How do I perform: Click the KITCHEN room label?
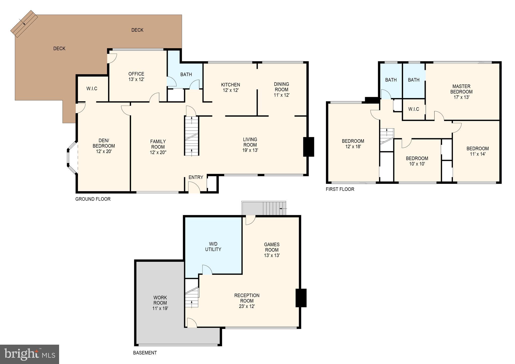[x=231, y=85]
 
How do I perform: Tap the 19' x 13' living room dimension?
[x=250, y=150]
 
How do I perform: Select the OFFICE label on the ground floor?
[x=136, y=74]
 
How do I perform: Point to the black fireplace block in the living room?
[x=309, y=147]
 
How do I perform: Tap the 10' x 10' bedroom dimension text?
[x=417, y=164]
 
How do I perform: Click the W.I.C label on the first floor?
[x=414, y=109]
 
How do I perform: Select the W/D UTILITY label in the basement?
[x=213, y=247]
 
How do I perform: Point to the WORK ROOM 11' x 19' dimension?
[x=160, y=308]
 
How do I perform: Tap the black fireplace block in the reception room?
[x=301, y=298]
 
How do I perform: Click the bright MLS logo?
[x=30, y=354]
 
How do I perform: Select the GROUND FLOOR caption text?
[x=93, y=199]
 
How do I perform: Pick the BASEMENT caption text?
[x=145, y=353]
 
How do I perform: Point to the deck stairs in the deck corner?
[x=24, y=24]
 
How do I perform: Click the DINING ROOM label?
[x=281, y=87]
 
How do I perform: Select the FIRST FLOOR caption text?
[x=340, y=189]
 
